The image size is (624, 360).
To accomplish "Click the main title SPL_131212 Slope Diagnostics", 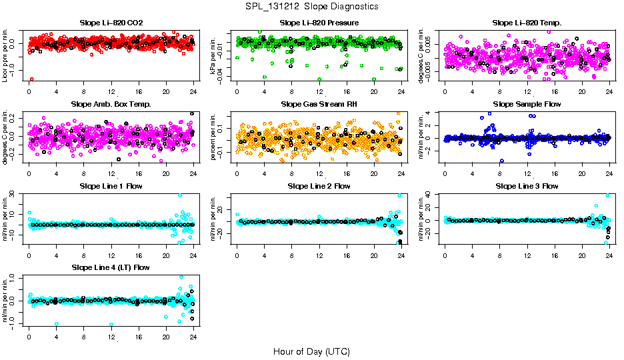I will (x=311, y=7).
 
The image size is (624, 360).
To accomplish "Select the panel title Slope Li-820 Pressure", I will (x=319, y=23).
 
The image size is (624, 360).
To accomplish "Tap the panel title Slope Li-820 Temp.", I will (x=527, y=23).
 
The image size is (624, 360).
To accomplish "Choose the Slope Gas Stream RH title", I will (x=319, y=105).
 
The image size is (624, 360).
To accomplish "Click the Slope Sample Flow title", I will (x=527, y=105).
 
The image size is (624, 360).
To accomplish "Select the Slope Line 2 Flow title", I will (x=319, y=186).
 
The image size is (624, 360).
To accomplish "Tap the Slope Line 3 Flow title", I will (x=527, y=186).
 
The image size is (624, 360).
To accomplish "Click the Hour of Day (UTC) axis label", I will (x=311, y=351).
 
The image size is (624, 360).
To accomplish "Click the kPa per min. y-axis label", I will (x=214, y=55).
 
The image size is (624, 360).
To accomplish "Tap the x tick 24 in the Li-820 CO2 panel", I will (x=193, y=91).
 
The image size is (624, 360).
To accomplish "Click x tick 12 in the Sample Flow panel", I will (x=527, y=172).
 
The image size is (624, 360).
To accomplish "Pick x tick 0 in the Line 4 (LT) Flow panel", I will (x=29, y=335).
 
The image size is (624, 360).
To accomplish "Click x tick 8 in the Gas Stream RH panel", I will (x=291, y=172).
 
